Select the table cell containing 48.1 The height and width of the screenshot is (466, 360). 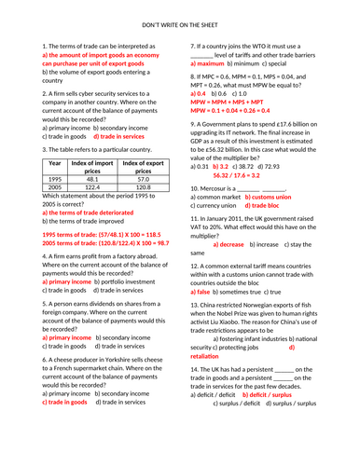tap(91, 179)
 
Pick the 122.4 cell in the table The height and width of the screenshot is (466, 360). tap(91, 188)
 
